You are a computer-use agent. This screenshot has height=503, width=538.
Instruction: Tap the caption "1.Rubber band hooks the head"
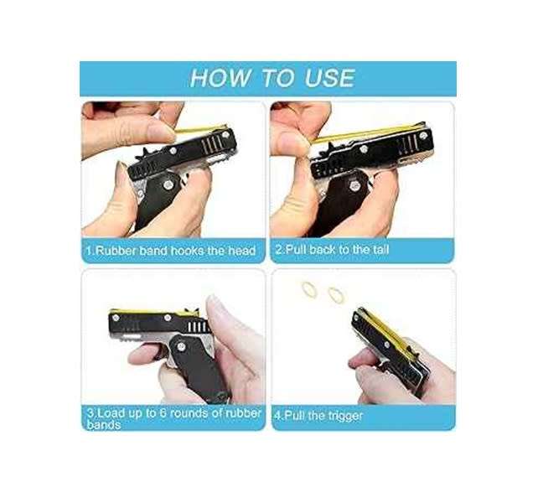click(x=170, y=251)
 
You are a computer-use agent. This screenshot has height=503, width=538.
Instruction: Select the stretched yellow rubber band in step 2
click(x=369, y=135)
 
